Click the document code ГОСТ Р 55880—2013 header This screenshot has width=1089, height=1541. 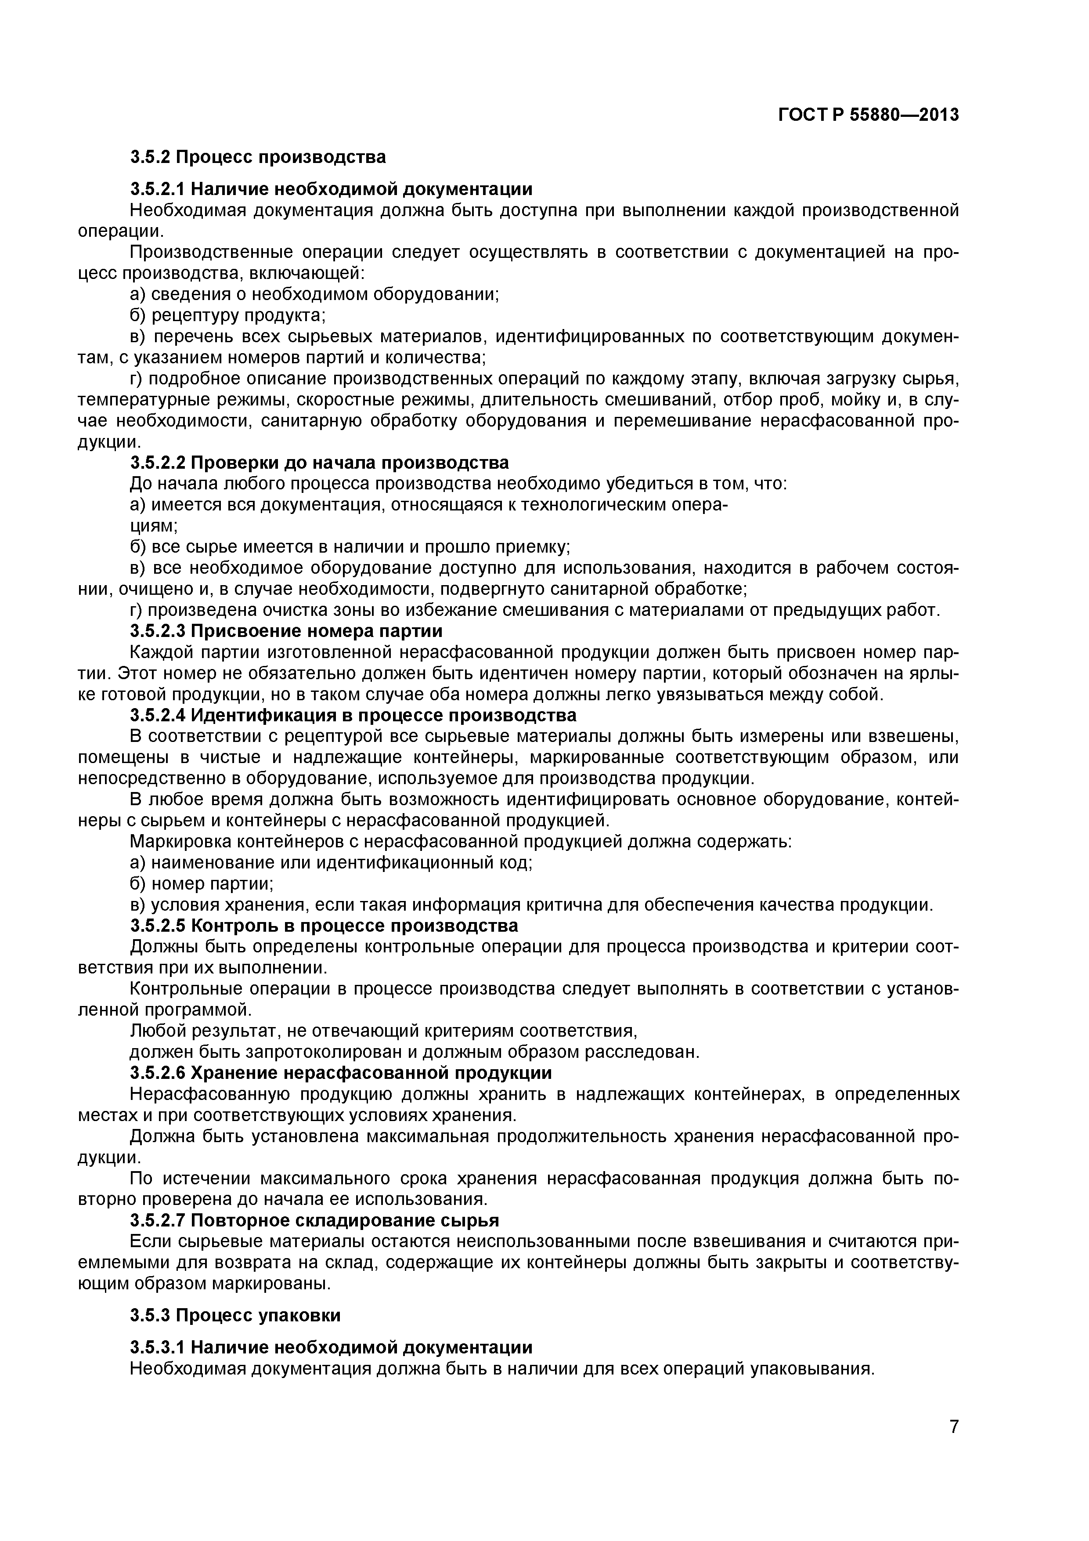[x=868, y=116]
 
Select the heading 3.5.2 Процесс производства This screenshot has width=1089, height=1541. [x=258, y=157]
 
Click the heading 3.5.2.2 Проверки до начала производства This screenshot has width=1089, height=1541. [x=319, y=463]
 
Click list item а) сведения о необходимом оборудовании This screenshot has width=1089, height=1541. [x=314, y=294]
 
